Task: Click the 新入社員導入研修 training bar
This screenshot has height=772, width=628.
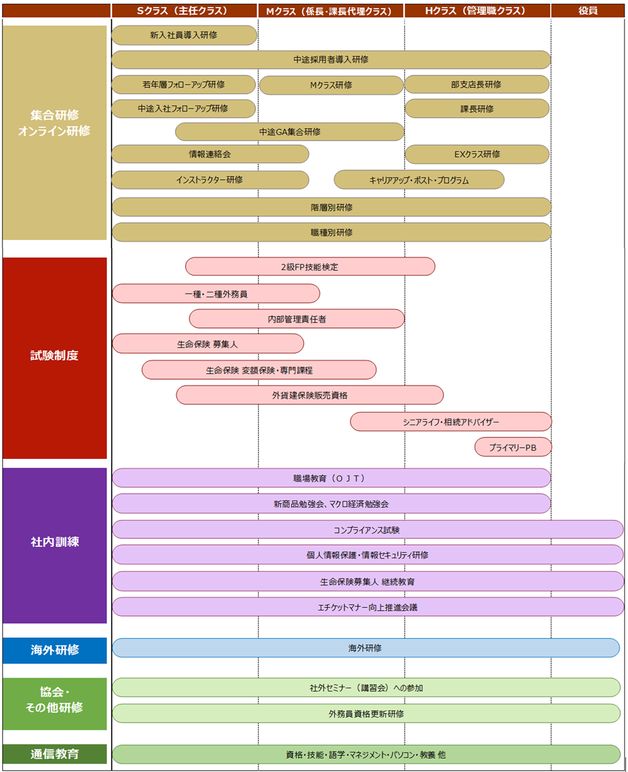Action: (184, 35)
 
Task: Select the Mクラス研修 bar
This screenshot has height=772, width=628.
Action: (331, 85)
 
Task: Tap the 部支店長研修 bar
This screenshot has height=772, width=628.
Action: (477, 84)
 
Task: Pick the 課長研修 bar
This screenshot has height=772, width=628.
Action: (477, 109)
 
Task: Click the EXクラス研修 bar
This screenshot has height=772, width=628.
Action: (477, 155)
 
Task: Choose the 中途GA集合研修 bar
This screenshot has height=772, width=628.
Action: (290, 132)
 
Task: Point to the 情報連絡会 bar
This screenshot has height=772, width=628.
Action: (210, 155)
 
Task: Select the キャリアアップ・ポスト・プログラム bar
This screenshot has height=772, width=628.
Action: (419, 180)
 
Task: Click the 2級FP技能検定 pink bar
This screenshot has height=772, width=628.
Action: (310, 267)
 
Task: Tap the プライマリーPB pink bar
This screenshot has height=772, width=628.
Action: (513, 447)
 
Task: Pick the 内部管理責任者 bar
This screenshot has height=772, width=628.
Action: (297, 319)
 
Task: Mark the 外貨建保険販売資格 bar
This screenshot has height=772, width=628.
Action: (310, 394)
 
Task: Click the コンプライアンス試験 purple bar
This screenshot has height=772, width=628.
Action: (368, 529)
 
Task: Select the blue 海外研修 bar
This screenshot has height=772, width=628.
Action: (366, 647)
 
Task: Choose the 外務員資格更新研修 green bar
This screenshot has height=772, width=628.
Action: (366, 713)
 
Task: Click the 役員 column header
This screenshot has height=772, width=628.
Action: (588, 11)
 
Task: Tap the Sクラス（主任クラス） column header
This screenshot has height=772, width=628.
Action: (184, 11)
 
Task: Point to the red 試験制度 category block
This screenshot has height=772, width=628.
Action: (55, 358)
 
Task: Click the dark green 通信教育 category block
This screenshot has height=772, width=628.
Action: (55, 754)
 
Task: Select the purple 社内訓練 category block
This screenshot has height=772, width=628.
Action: (55, 546)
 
